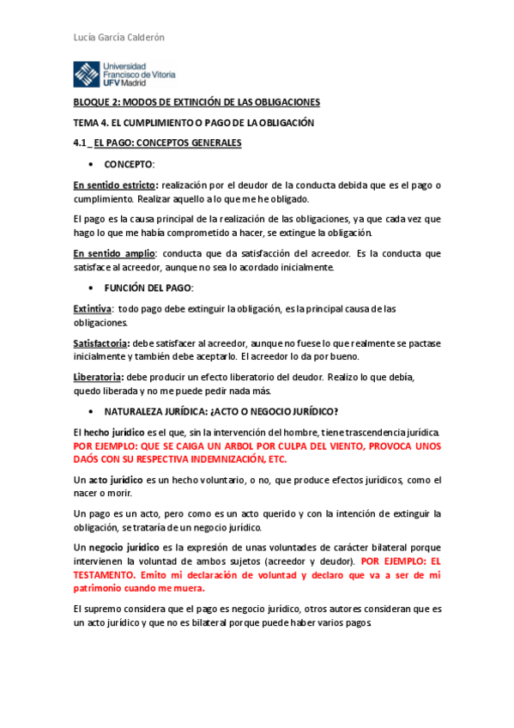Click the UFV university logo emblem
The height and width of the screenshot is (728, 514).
coord(86,76)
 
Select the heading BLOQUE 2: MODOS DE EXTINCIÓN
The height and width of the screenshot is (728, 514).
coord(197,101)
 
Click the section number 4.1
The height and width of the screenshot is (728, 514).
coord(80,143)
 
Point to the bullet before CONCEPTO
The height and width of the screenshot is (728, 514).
coord(91,163)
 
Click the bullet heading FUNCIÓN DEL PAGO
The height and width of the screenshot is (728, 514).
coord(148,288)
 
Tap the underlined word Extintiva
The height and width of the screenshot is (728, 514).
coord(92,309)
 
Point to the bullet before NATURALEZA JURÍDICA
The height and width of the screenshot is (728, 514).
coord(91,410)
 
